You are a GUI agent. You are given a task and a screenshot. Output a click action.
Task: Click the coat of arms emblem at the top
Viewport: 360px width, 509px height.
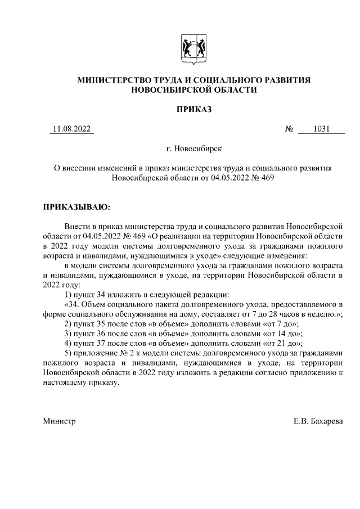click(x=193, y=47)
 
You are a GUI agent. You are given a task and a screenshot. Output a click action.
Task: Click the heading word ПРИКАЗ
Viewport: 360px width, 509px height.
click(x=193, y=109)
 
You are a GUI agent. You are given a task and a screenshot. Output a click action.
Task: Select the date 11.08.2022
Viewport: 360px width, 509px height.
click(x=71, y=129)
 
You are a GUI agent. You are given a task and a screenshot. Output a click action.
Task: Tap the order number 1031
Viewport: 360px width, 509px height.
click(x=321, y=129)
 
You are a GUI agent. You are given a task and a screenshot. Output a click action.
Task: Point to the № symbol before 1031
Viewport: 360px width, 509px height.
click(x=290, y=129)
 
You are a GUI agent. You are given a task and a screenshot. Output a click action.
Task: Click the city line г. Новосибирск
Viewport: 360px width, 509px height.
click(x=193, y=149)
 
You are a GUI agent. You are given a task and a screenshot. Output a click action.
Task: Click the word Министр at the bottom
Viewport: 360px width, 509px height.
click(x=59, y=421)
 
